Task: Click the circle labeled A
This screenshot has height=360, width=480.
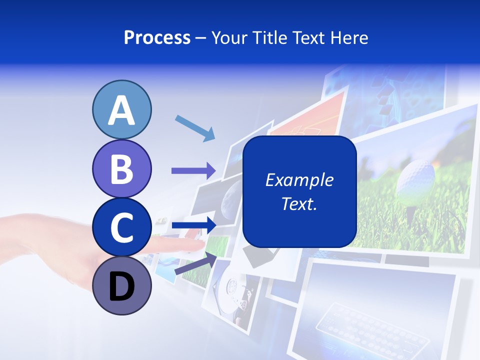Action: [x=121, y=110]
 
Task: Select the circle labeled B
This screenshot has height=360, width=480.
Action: [x=121, y=168]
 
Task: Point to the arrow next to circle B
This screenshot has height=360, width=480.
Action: [x=193, y=170]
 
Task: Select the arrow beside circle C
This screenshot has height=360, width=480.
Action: [x=193, y=225]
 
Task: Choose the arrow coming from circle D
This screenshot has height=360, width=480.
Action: [x=195, y=263]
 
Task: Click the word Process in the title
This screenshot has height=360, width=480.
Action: [x=157, y=38]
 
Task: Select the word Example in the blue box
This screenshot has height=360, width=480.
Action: [x=299, y=180]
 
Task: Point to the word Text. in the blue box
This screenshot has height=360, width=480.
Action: [x=299, y=203]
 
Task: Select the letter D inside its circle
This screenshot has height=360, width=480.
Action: [x=121, y=287]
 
